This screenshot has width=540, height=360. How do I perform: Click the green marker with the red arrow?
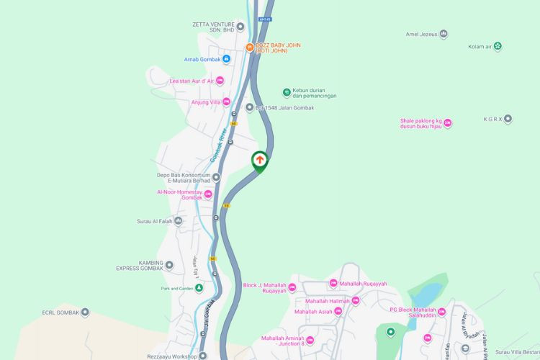pos(259,161)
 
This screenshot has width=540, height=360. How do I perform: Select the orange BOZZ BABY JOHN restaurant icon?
pos(249,48)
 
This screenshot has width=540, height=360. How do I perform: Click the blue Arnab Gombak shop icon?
pos(226,59)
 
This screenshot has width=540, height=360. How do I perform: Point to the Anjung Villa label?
pos(205,102)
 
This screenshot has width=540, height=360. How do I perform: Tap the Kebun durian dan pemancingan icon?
pos(287,92)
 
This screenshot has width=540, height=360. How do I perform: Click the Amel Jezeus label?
pos(421,34)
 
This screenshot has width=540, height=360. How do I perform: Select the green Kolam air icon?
pos(498,47)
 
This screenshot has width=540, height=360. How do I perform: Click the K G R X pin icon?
pos(508,119)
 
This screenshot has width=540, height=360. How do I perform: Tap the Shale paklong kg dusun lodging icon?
pos(447,123)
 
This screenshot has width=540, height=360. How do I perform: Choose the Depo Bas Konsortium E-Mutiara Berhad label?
pos(184,178)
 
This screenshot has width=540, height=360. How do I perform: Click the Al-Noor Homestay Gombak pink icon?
pos(208,194)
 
